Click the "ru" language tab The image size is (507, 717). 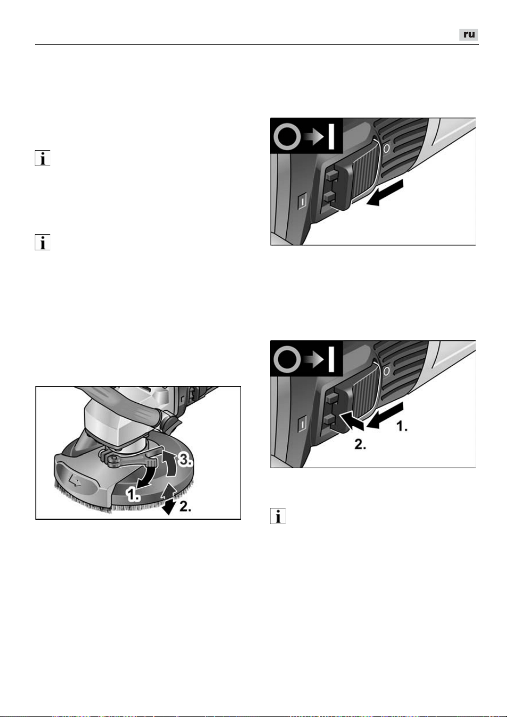tap(469, 35)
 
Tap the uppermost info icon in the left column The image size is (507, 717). tap(43, 158)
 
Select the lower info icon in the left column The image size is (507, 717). tap(43, 242)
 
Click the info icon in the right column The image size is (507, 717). tap(278, 516)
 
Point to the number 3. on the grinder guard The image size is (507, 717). tap(185, 460)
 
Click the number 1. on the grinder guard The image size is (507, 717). tap(133, 495)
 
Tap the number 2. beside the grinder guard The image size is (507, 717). tap(185, 506)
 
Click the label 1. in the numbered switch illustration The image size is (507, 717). tap(401, 427)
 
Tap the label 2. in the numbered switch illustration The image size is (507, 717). tap(360, 444)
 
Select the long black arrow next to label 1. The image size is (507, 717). tap(385, 415)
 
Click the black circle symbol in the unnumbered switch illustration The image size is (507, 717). tap(287, 137)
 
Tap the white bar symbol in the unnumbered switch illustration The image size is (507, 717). tap(332, 137)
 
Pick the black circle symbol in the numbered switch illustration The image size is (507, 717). tap(287, 359)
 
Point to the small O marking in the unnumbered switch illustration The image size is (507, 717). tap(386, 148)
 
